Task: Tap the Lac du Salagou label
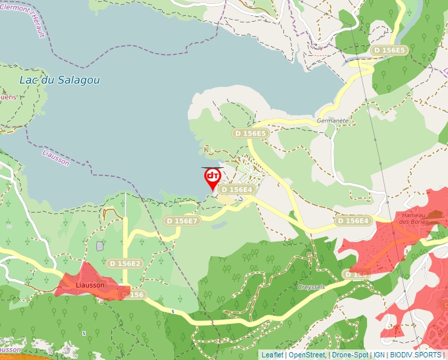click(x=59, y=80)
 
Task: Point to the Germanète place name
click(x=332, y=121)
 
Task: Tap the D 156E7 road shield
click(x=182, y=221)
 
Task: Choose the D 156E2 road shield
click(x=125, y=263)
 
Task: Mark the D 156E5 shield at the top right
click(x=389, y=50)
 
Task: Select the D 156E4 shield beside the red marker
click(x=237, y=190)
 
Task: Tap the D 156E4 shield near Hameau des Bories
click(x=353, y=220)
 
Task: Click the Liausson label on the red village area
click(x=90, y=286)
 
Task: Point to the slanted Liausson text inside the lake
click(x=55, y=157)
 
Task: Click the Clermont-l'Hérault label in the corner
click(x=26, y=17)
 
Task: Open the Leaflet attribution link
click(x=272, y=355)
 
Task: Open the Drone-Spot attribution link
click(x=350, y=355)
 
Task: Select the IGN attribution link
click(x=379, y=355)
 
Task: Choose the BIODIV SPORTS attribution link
click(x=415, y=355)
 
